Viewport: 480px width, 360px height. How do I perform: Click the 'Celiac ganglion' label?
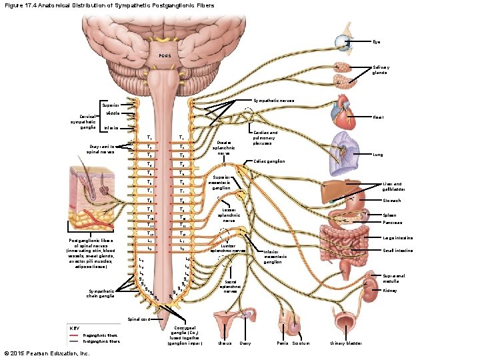click(270, 161)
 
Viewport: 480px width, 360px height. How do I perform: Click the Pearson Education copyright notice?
click(47, 353)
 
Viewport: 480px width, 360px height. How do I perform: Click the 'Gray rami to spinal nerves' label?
click(98, 149)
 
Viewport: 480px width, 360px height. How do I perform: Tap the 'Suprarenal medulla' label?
click(393, 278)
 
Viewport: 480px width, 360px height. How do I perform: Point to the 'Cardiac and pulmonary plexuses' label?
click(265, 137)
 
